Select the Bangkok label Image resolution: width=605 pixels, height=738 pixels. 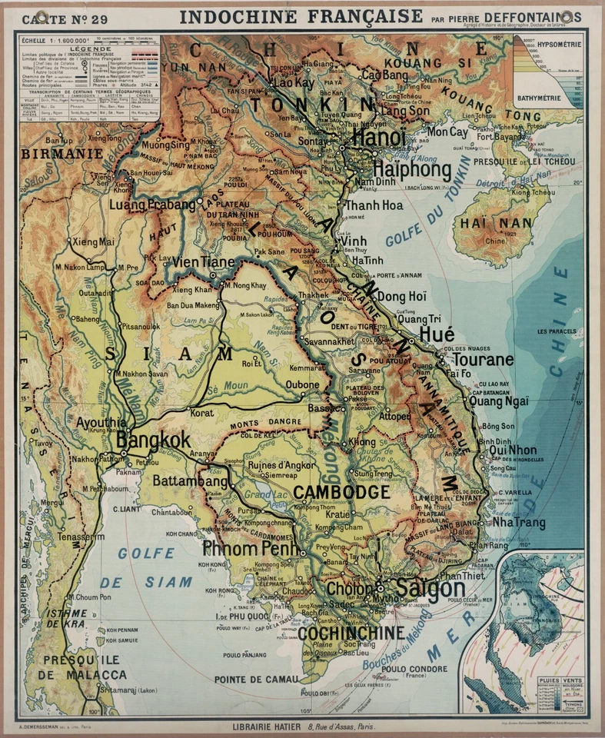(x=153, y=440)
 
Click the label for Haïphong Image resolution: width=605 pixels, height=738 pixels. (x=412, y=168)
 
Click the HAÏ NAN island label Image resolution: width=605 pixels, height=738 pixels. (x=485, y=224)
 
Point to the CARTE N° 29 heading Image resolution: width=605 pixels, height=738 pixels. (x=69, y=18)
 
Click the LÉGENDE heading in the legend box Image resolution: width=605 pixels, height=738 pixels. (x=91, y=48)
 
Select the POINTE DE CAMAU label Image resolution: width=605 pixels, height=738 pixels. (x=257, y=678)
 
